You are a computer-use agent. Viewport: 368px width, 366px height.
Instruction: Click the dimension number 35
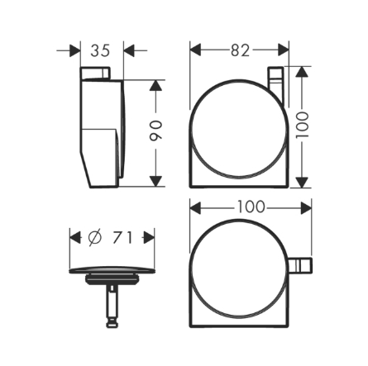100,50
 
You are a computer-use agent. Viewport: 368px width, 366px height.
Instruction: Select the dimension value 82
240,50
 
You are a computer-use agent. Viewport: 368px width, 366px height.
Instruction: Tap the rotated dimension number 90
155,131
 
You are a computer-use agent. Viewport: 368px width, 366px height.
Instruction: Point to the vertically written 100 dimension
303,125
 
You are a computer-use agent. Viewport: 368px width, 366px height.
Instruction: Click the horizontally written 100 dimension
251,207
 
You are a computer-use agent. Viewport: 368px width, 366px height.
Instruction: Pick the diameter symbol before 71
95,237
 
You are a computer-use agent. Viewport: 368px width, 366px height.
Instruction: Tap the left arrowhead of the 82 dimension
195,50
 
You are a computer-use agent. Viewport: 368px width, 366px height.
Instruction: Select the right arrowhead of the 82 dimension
284,50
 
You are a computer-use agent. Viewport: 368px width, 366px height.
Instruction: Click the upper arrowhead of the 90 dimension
155,85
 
